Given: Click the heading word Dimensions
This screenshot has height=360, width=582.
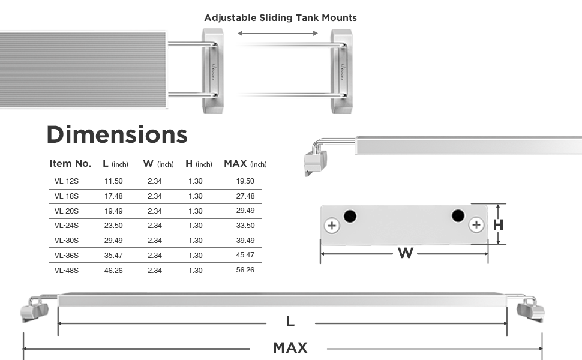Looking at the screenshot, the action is (x=117, y=134).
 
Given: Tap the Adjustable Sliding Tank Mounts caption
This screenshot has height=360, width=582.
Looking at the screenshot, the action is (x=281, y=18).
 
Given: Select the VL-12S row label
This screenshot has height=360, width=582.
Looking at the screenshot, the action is (x=67, y=181).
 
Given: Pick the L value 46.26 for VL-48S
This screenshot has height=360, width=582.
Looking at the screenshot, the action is (x=113, y=270).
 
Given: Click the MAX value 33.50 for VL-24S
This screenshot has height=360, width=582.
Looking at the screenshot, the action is (x=245, y=225).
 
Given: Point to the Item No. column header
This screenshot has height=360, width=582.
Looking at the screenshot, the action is (x=71, y=164).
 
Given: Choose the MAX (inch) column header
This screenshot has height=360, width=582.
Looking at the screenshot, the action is (x=245, y=164).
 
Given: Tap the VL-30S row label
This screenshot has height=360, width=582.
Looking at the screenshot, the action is (x=67, y=241).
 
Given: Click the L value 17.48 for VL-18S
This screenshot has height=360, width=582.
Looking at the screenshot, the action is (x=113, y=196).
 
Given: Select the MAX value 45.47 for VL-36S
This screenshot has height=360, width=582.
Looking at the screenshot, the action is (x=245, y=255).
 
